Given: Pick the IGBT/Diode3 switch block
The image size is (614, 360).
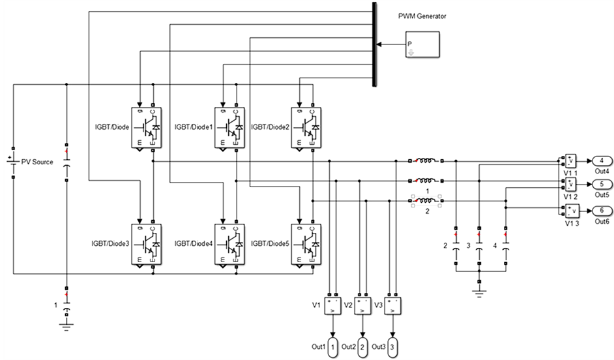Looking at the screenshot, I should [x=149, y=244].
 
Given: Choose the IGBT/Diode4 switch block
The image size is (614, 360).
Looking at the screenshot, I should [x=229, y=244].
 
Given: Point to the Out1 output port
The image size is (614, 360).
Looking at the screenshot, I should [x=332, y=346].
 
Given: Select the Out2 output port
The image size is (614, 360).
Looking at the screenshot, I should [x=362, y=346].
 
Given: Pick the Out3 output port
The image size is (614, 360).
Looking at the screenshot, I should [x=392, y=346].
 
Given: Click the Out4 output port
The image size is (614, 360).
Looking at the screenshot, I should [x=601, y=160].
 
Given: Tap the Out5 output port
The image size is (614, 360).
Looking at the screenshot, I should [x=601, y=185].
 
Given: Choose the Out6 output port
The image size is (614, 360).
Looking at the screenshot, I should [x=601, y=210].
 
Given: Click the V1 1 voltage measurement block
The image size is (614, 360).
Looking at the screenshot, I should [x=570, y=160].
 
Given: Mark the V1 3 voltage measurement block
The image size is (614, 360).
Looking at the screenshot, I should [x=570, y=210].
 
